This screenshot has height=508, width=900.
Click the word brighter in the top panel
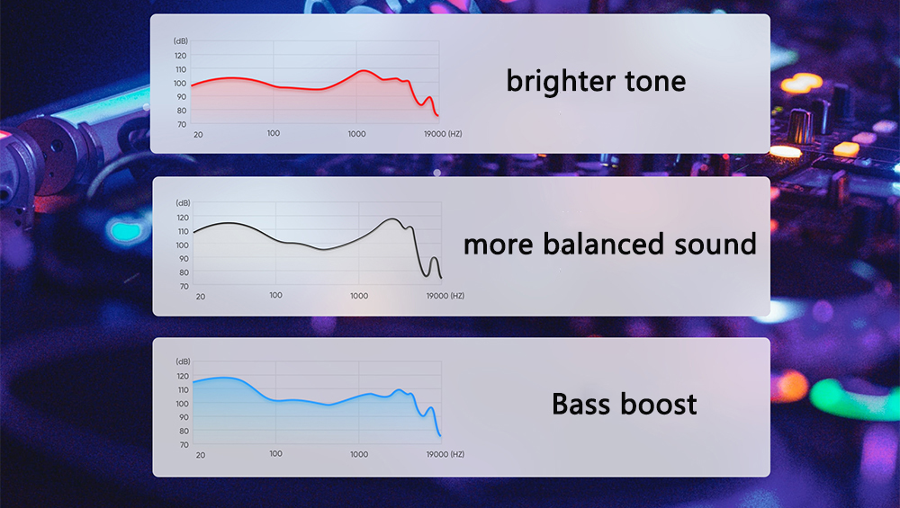coord(560,82)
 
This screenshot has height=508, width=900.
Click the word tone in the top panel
coord(655,82)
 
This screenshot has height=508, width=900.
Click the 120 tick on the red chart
coord(180,56)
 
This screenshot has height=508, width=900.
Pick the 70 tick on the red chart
coord(182,124)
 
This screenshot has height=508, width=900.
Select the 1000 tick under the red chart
coord(356,134)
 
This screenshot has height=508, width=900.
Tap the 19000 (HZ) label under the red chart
coord(443,134)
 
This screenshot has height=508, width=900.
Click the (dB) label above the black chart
coord(183,203)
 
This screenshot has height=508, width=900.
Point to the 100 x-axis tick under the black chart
coord(275,295)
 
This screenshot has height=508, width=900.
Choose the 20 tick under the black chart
coord(201,297)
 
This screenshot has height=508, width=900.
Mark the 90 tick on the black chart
coord(184,259)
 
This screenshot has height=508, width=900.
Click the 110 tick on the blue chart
coord(183,390)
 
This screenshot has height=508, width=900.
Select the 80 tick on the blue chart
coord(184,432)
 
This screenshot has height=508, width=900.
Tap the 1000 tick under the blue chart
coord(359,454)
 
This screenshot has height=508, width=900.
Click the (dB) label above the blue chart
coord(183,361)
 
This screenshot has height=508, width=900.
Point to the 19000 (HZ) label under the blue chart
coord(445,454)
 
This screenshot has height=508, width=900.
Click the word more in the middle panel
coord(499,245)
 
